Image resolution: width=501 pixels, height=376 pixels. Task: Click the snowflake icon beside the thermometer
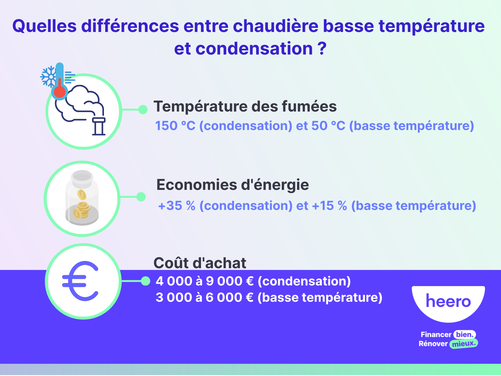pyautogui.click(x=49, y=77)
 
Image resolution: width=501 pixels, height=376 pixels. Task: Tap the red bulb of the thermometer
pyautogui.click(x=59, y=92)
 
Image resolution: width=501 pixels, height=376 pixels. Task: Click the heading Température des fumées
pyautogui.click(x=245, y=107)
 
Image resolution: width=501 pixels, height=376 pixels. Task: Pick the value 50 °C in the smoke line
pyautogui.click(x=328, y=126)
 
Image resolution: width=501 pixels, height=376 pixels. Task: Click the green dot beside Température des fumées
pyautogui.click(x=143, y=109)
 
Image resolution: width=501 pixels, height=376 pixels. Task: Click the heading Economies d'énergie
pyautogui.click(x=232, y=185)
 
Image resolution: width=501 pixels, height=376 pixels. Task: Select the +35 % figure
pyautogui.click(x=177, y=206)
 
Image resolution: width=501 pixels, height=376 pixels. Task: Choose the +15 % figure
pyautogui.click(x=329, y=206)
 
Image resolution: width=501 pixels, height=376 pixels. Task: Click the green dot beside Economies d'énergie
pyautogui.click(x=141, y=197)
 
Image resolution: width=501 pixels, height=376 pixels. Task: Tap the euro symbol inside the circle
pyautogui.click(x=81, y=281)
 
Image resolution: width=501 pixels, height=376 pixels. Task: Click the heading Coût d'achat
pyautogui.click(x=200, y=263)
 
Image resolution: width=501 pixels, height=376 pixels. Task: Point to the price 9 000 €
pyautogui.click(x=230, y=281)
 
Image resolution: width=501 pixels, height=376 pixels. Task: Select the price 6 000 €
pyautogui.click(x=229, y=298)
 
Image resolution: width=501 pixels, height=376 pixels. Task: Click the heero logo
pyautogui.click(x=448, y=302)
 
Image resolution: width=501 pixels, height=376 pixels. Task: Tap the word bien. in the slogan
pyautogui.click(x=464, y=335)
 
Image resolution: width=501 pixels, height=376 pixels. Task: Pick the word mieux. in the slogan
pyautogui.click(x=464, y=344)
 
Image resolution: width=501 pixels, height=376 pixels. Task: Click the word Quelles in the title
pyautogui.click(x=44, y=26)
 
